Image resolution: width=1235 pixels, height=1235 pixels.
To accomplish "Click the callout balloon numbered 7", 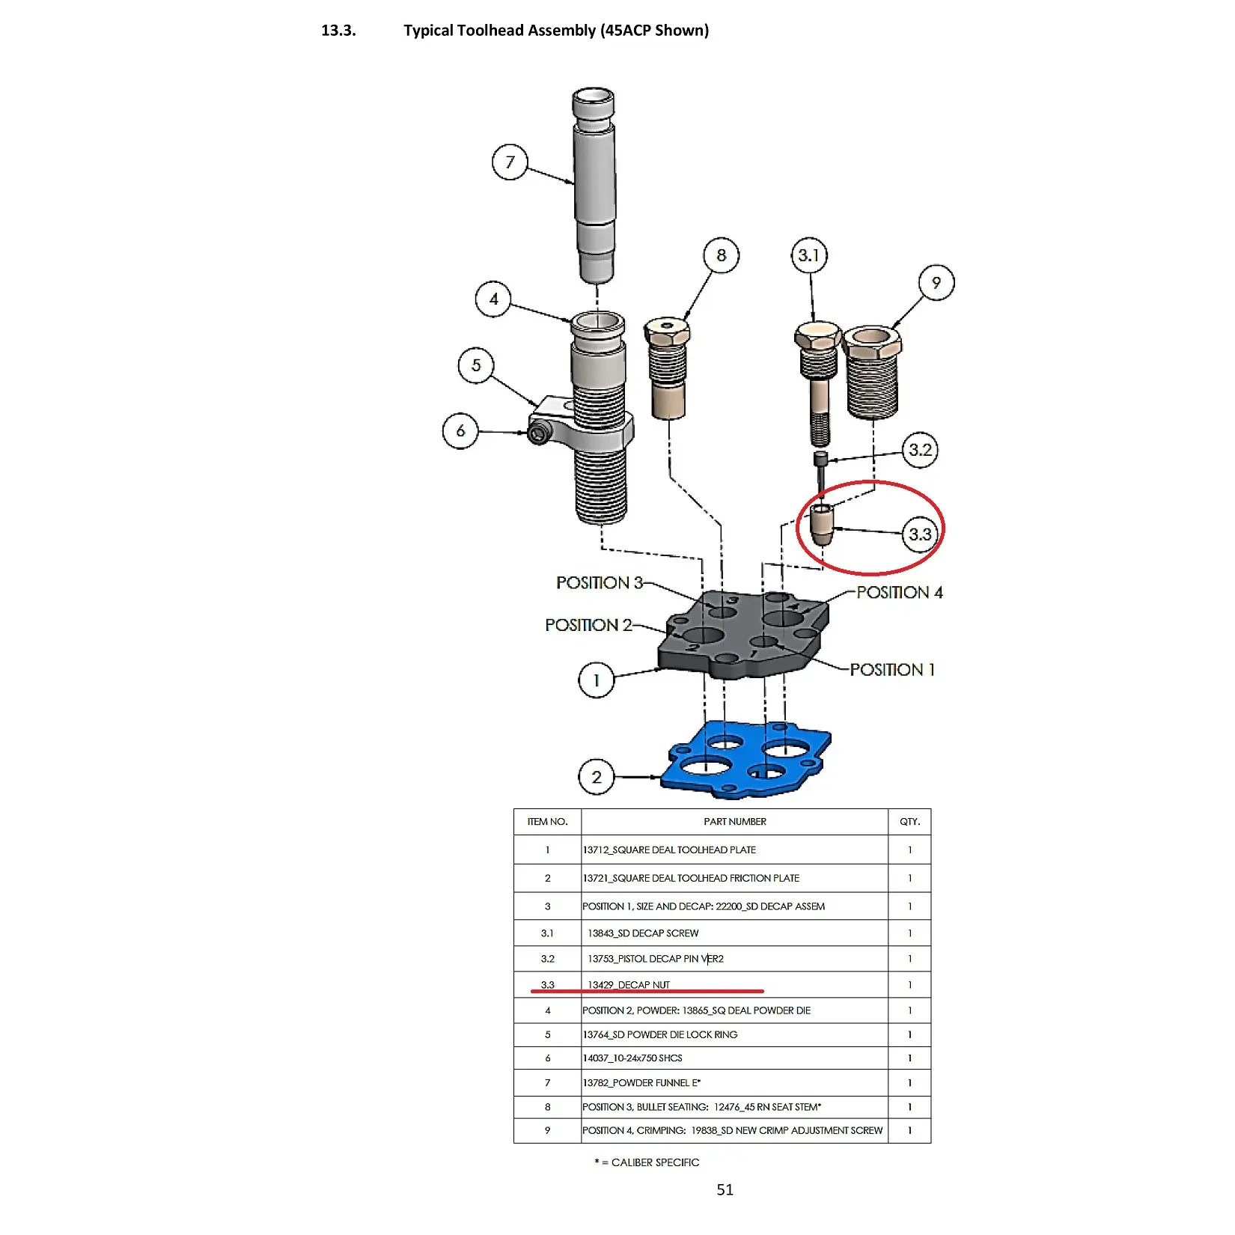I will pyautogui.click(x=510, y=162).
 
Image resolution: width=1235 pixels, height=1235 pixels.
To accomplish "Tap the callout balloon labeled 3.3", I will pyautogui.click(x=920, y=534).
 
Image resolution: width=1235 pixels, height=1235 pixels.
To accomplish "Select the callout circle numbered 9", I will pyautogui.click(x=936, y=283).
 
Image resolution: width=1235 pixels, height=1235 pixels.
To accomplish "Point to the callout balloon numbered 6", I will pyautogui.click(x=460, y=431).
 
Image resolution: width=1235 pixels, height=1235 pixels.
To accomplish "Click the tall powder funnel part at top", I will pyautogui.click(x=594, y=187).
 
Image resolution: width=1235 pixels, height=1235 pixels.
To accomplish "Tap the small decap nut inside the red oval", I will pyautogui.click(x=822, y=525).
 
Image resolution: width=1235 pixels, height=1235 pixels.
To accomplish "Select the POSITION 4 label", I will pyautogui.click(x=899, y=593).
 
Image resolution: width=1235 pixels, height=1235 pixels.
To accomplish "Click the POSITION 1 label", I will pyautogui.click(x=892, y=670).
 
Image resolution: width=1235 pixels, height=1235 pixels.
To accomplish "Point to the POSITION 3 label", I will pyautogui.click(x=599, y=583).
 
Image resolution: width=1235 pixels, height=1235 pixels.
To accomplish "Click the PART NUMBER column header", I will pyautogui.click(x=734, y=822).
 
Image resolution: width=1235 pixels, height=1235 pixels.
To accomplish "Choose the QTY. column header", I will pyautogui.click(x=909, y=822).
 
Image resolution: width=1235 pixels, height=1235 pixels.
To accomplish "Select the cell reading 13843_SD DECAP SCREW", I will pyautogui.click(x=643, y=933).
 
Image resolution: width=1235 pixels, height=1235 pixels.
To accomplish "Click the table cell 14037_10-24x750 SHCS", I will pyautogui.click(x=632, y=1058).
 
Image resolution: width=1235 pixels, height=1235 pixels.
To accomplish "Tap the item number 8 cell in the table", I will pyautogui.click(x=547, y=1107).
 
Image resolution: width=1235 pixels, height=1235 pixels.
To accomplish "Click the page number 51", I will pyautogui.click(x=725, y=1190).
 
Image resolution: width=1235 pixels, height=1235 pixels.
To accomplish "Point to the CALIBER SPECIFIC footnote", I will pyautogui.click(x=647, y=1162).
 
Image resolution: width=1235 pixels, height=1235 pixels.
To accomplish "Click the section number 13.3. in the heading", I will pyautogui.click(x=338, y=31).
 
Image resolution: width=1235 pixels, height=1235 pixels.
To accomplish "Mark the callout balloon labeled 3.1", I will pyautogui.click(x=809, y=256).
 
